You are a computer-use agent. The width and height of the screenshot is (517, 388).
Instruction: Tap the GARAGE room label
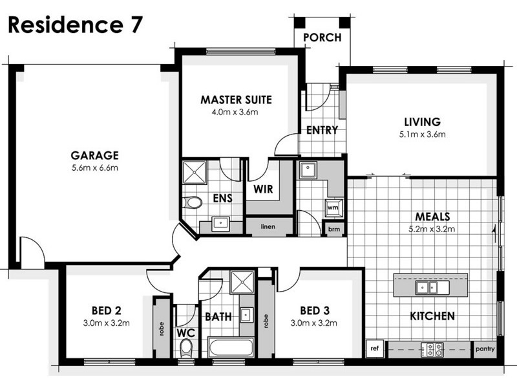point(94,155)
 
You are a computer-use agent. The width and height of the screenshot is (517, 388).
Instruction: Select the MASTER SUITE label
point(236,100)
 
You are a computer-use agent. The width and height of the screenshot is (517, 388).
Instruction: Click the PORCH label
point(322,38)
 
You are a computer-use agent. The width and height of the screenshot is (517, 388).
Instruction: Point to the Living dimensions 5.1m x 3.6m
point(422,135)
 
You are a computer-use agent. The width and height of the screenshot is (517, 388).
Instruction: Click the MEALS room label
point(432,216)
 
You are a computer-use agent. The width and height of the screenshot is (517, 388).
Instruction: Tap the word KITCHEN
point(432,316)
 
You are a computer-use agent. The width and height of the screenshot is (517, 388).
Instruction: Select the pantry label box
point(484,349)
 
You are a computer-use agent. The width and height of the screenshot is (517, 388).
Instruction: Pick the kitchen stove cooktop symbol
point(432,350)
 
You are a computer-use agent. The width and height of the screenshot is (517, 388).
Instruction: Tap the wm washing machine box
point(333,208)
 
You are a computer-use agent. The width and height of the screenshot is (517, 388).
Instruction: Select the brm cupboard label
point(333,229)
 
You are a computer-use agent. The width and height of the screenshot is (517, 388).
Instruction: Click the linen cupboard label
point(269,227)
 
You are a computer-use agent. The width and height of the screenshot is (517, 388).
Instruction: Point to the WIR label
point(262,190)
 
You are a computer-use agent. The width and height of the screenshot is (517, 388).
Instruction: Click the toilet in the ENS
point(193,203)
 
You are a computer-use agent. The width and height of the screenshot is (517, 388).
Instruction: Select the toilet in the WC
point(187,348)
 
